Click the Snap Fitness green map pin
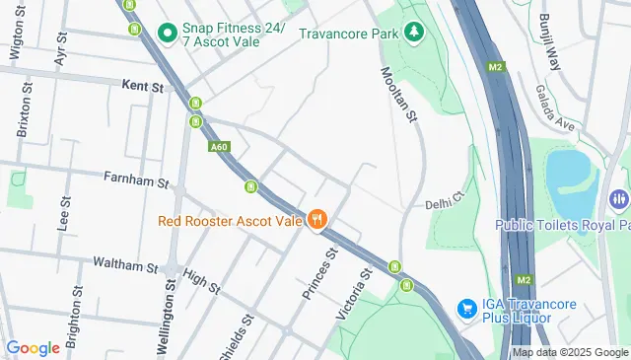168,34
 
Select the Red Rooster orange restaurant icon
316,220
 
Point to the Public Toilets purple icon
619,199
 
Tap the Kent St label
143,88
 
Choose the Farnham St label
137,180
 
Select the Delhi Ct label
444,203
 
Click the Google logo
33,347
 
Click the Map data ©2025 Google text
570,352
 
